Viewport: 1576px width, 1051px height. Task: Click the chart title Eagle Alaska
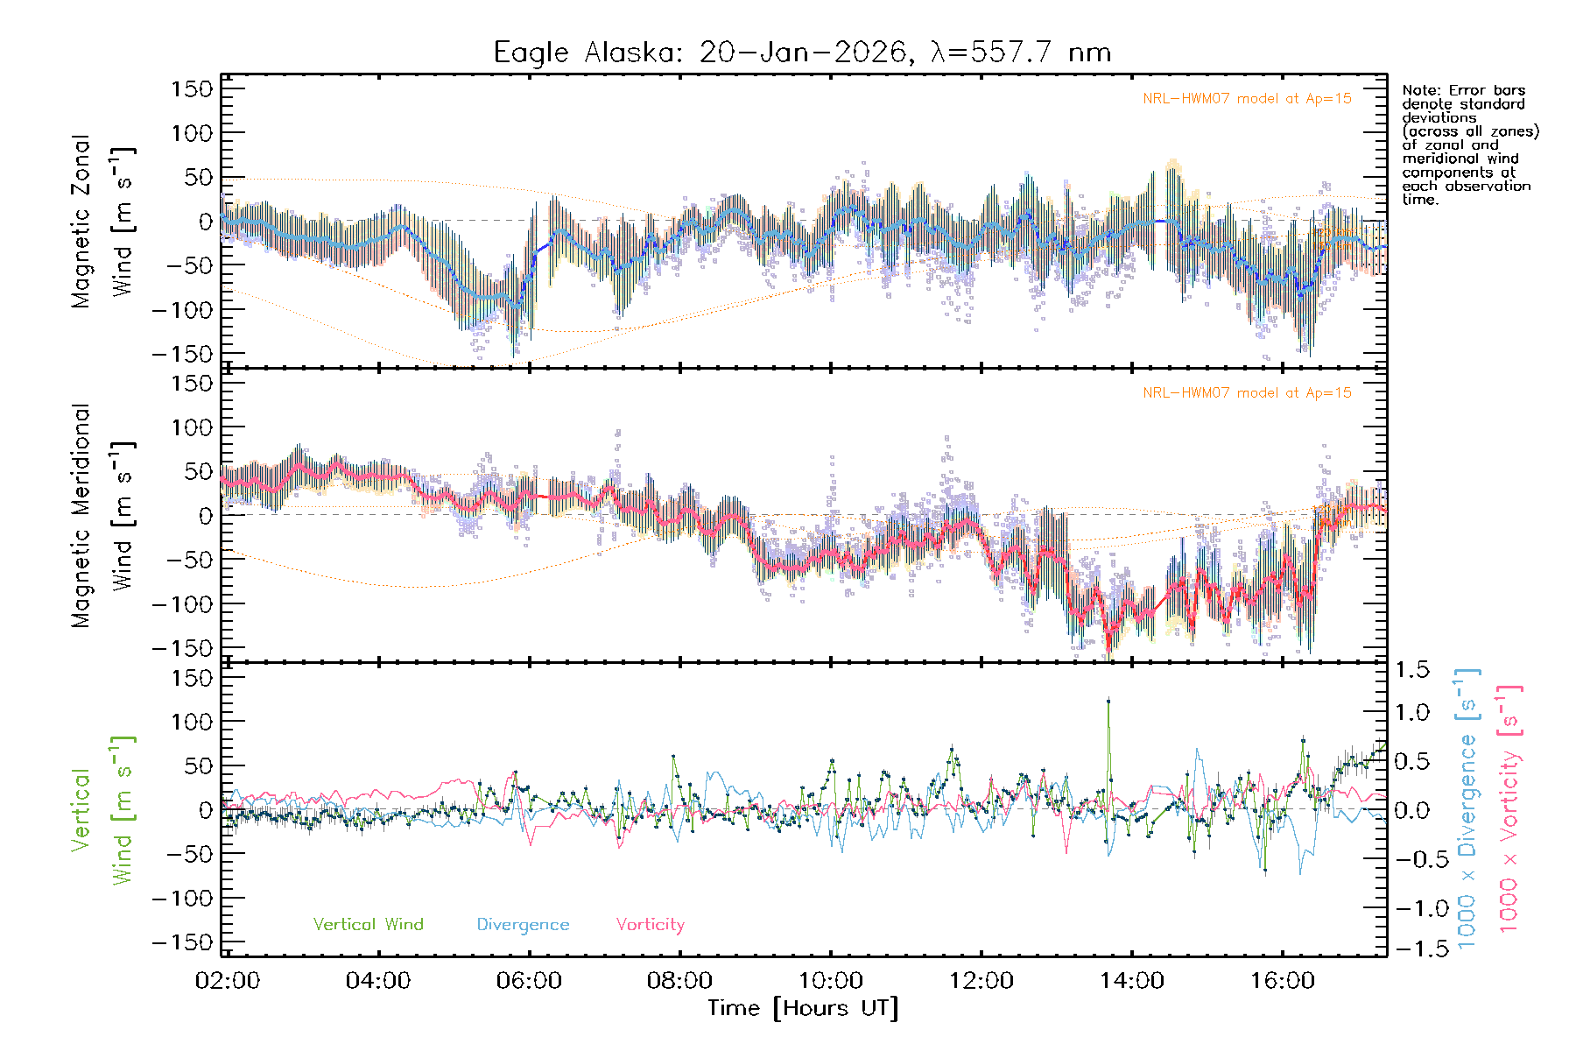click(x=801, y=53)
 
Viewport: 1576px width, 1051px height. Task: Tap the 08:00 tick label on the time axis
click(x=679, y=981)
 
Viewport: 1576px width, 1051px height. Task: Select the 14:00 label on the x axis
click(x=1131, y=981)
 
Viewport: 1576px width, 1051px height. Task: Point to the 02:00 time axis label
click(x=228, y=981)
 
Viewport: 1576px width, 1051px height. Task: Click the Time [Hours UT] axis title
click(x=803, y=1008)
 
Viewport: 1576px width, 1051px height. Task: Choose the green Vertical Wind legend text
click(x=368, y=924)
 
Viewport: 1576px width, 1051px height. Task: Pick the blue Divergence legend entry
click(x=523, y=924)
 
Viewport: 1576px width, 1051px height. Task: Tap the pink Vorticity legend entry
click(x=650, y=924)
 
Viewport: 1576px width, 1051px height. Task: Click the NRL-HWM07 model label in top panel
click(x=1247, y=99)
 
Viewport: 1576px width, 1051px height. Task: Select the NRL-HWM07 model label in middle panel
click(x=1247, y=393)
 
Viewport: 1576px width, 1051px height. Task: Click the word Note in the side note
click(x=1419, y=90)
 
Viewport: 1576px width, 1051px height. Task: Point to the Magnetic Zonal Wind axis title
click(x=103, y=221)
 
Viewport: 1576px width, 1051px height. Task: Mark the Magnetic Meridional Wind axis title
click(x=103, y=515)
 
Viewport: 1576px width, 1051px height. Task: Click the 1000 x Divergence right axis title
click(x=1467, y=808)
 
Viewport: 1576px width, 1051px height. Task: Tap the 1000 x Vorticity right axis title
click(x=1509, y=808)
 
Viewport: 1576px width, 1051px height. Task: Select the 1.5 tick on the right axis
click(x=1411, y=670)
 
